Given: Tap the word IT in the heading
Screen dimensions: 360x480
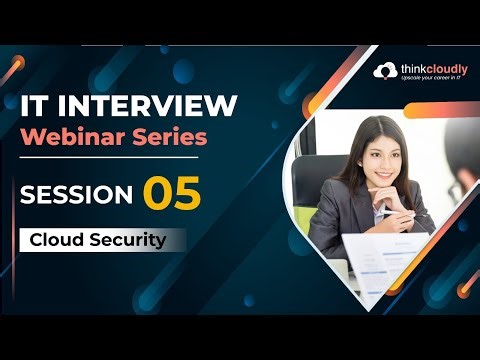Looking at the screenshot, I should tap(36, 105).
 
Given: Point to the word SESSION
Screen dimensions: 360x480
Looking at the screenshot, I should tap(76, 193).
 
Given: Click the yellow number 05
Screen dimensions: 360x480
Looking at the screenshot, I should tap(173, 191).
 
